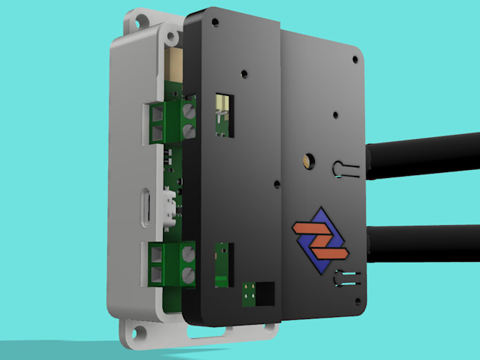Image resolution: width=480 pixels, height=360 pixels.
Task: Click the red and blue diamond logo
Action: (x=322, y=239)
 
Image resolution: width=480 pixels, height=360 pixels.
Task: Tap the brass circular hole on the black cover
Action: (x=308, y=160)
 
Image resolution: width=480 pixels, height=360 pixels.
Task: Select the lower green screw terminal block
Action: (x=172, y=263)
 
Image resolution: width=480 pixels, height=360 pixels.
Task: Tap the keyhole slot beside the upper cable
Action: (x=344, y=169)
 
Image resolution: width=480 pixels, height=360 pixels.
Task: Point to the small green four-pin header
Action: (x=248, y=294)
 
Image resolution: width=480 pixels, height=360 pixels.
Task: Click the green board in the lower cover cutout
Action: (x=223, y=261)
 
